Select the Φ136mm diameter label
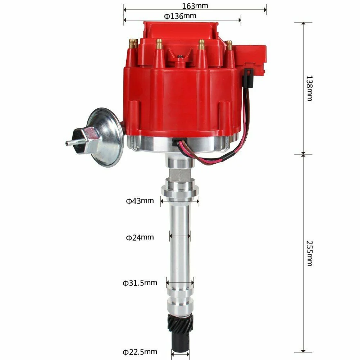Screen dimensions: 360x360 (x=180, y=16)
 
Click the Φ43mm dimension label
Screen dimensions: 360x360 (x=140, y=201)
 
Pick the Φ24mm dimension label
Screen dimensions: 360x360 (x=140, y=237)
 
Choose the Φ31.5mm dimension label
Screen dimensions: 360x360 (x=140, y=283)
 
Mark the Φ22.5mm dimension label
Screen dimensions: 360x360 (x=140, y=351)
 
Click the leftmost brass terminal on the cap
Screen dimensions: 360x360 (x=133, y=44)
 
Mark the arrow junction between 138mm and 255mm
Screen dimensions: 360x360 (x=303, y=154)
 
